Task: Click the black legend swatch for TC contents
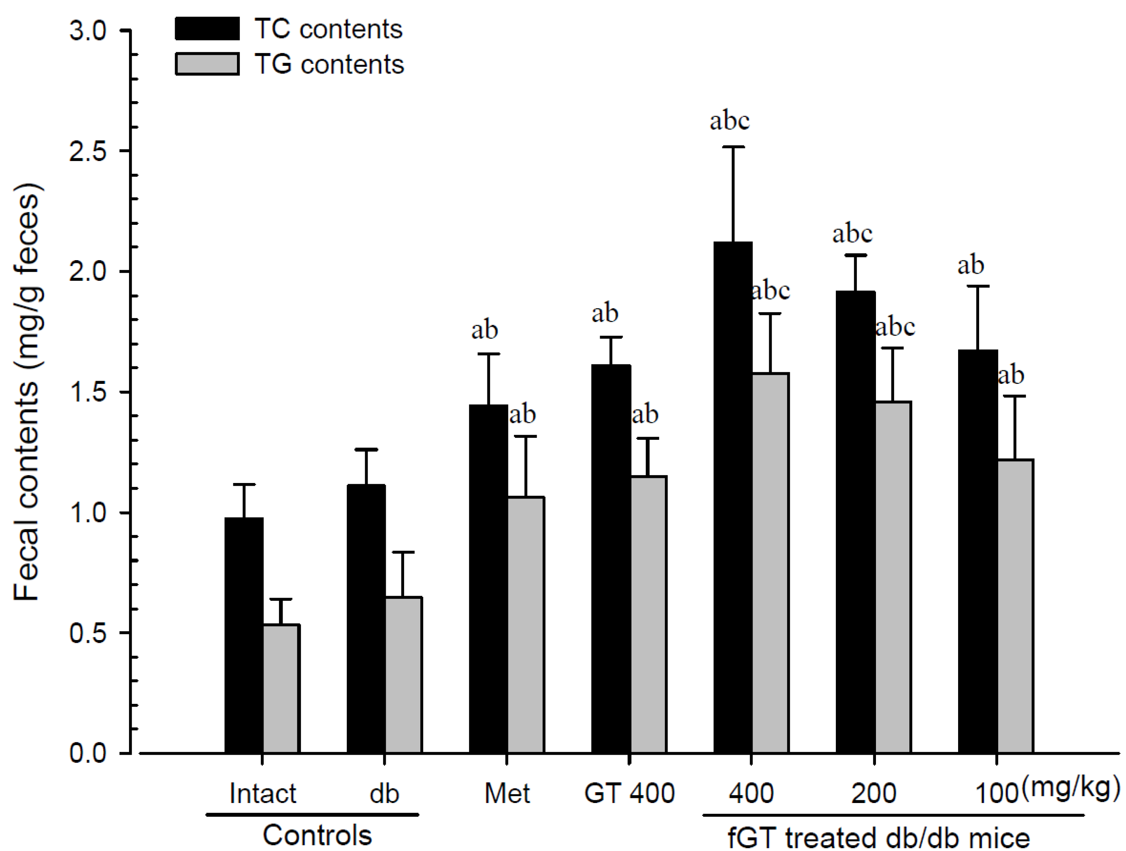(x=207, y=29)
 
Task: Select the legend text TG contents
(x=329, y=65)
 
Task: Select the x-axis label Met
(x=506, y=793)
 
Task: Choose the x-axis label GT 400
(x=629, y=793)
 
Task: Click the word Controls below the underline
(x=317, y=835)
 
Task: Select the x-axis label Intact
(x=263, y=793)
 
